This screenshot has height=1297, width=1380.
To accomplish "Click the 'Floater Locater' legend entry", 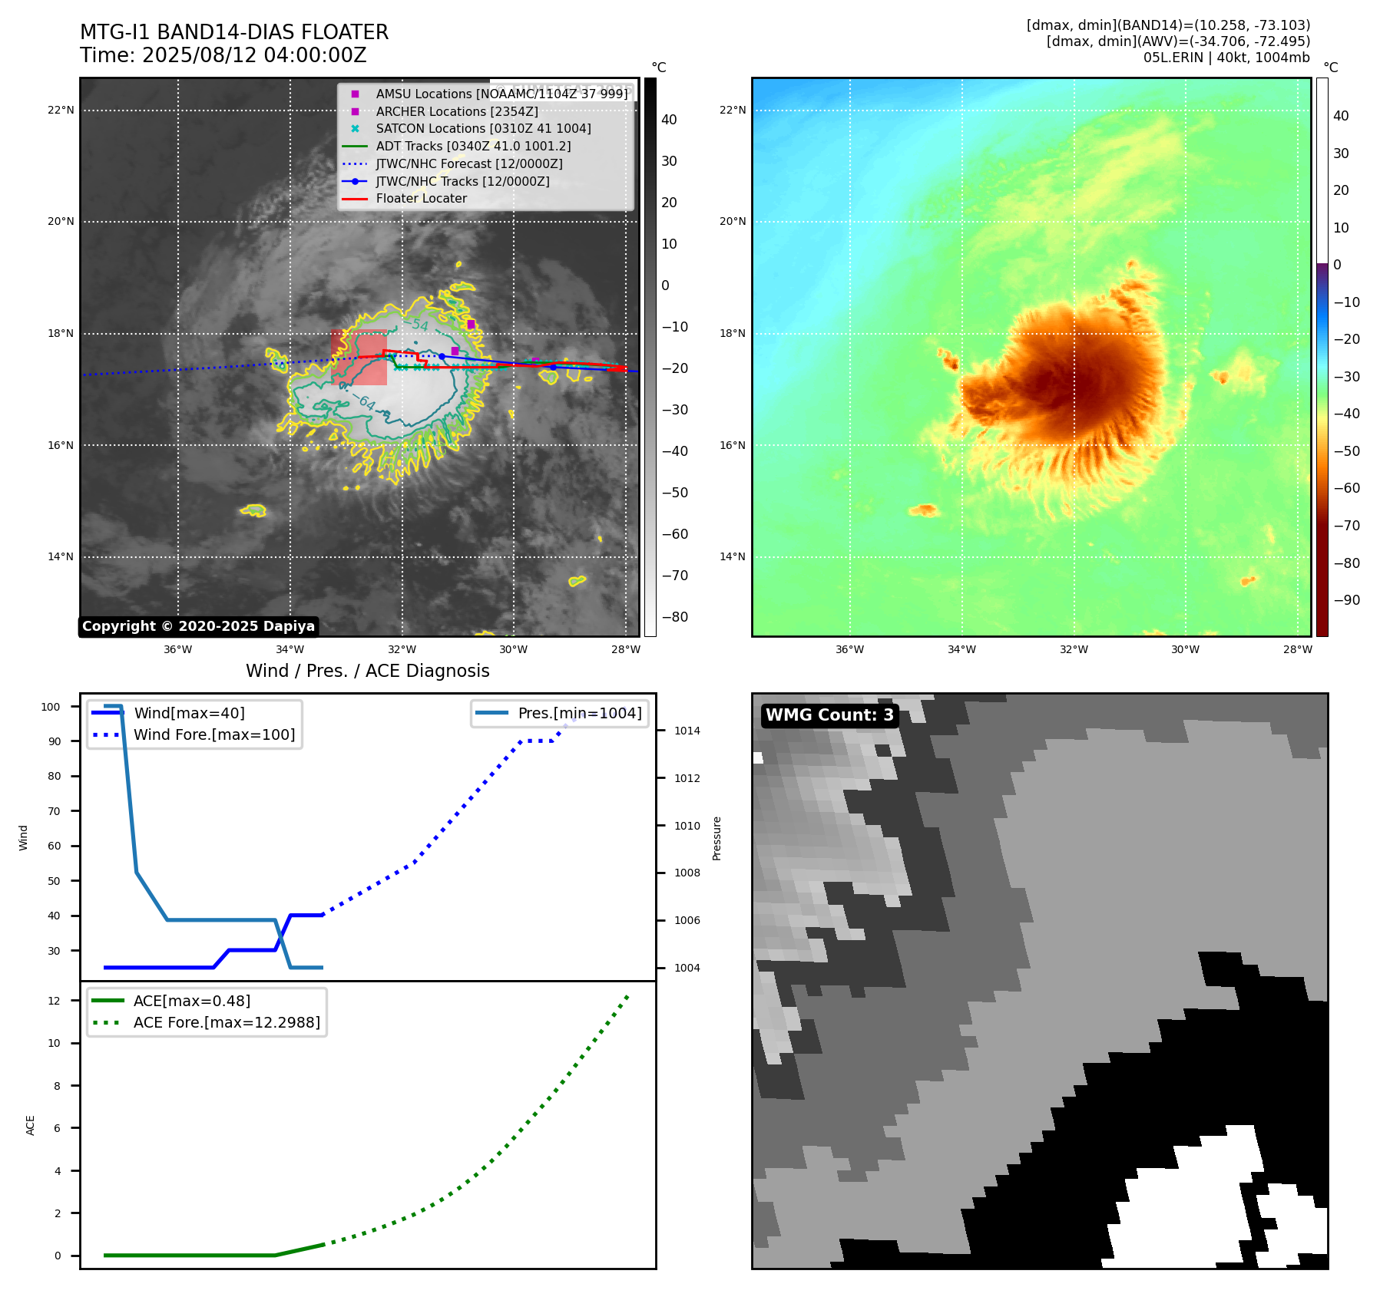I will (421, 199).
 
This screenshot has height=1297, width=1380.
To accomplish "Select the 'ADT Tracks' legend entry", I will (473, 146).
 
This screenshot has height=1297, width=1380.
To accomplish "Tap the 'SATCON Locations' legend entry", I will (483, 129).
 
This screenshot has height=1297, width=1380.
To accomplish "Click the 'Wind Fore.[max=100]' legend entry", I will (214, 734).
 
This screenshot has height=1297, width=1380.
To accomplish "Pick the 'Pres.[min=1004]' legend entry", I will (580, 713).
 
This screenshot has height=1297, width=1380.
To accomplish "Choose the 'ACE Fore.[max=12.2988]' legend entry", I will (227, 1022).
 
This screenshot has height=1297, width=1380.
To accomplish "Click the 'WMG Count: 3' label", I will (829, 715).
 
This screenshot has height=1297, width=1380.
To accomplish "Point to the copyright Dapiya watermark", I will (198, 626).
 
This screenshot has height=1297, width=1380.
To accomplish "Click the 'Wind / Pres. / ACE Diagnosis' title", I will (367, 671).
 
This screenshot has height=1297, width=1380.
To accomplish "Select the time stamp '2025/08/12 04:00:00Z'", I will (254, 56).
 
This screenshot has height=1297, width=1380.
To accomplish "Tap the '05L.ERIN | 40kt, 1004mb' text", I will (1226, 58).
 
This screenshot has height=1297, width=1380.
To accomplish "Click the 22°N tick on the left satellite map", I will (61, 111).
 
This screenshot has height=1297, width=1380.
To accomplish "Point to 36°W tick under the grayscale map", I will (178, 649).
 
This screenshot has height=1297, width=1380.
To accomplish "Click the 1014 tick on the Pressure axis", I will (687, 731).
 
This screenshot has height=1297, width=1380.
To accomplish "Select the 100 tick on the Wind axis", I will (51, 707).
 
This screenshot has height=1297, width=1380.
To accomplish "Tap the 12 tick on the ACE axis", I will (54, 1001).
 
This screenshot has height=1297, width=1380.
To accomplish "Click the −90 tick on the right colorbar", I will (1346, 600).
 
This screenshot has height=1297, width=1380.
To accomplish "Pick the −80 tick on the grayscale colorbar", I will (675, 617).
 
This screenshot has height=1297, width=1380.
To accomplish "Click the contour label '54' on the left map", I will (419, 325).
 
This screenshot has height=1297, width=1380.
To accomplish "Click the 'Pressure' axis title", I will (716, 838).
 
